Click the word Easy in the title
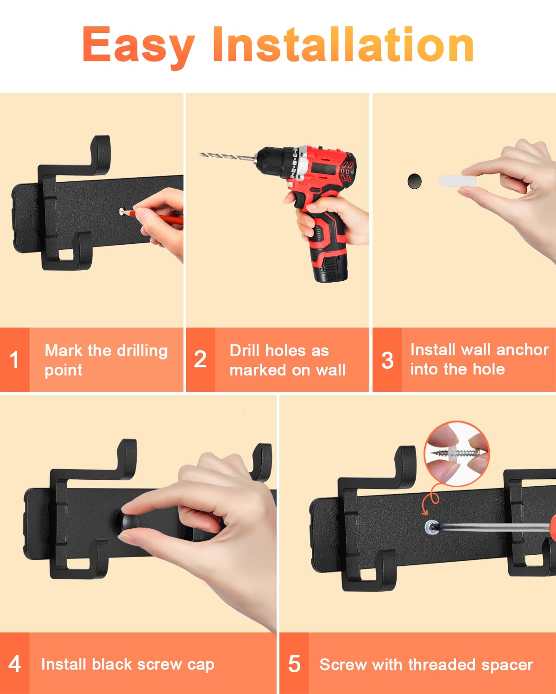click(139, 47)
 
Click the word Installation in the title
click(343, 44)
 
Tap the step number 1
click(14, 359)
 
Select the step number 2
click(200, 359)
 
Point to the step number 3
click(387, 360)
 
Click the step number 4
click(14, 664)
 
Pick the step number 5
click(294, 664)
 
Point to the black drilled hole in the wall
click(415, 181)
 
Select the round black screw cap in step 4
click(129, 520)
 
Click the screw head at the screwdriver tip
click(432, 527)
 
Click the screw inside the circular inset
click(457, 453)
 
